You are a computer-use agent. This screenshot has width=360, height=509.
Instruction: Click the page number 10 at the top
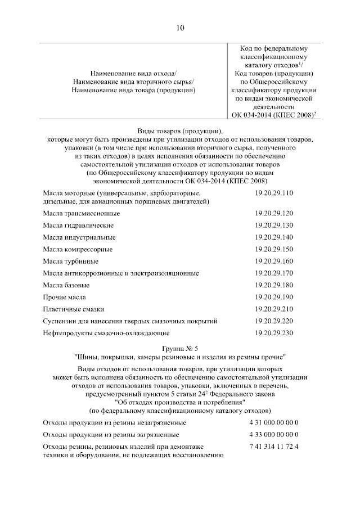tap(180, 28)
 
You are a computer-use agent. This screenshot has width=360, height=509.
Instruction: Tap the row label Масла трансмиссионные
tap(82, 214)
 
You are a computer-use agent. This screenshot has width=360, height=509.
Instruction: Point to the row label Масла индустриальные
tap(79, 237)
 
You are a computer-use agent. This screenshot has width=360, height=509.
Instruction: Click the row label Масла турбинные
tap(71, 262)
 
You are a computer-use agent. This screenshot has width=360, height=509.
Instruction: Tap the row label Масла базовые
tap(66, 286)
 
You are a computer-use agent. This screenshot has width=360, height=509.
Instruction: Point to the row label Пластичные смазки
tap(74, 309)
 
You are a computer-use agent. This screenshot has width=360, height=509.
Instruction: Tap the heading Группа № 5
tap(180, 348)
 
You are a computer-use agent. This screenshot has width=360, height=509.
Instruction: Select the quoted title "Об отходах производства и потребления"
tap(180, 403)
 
